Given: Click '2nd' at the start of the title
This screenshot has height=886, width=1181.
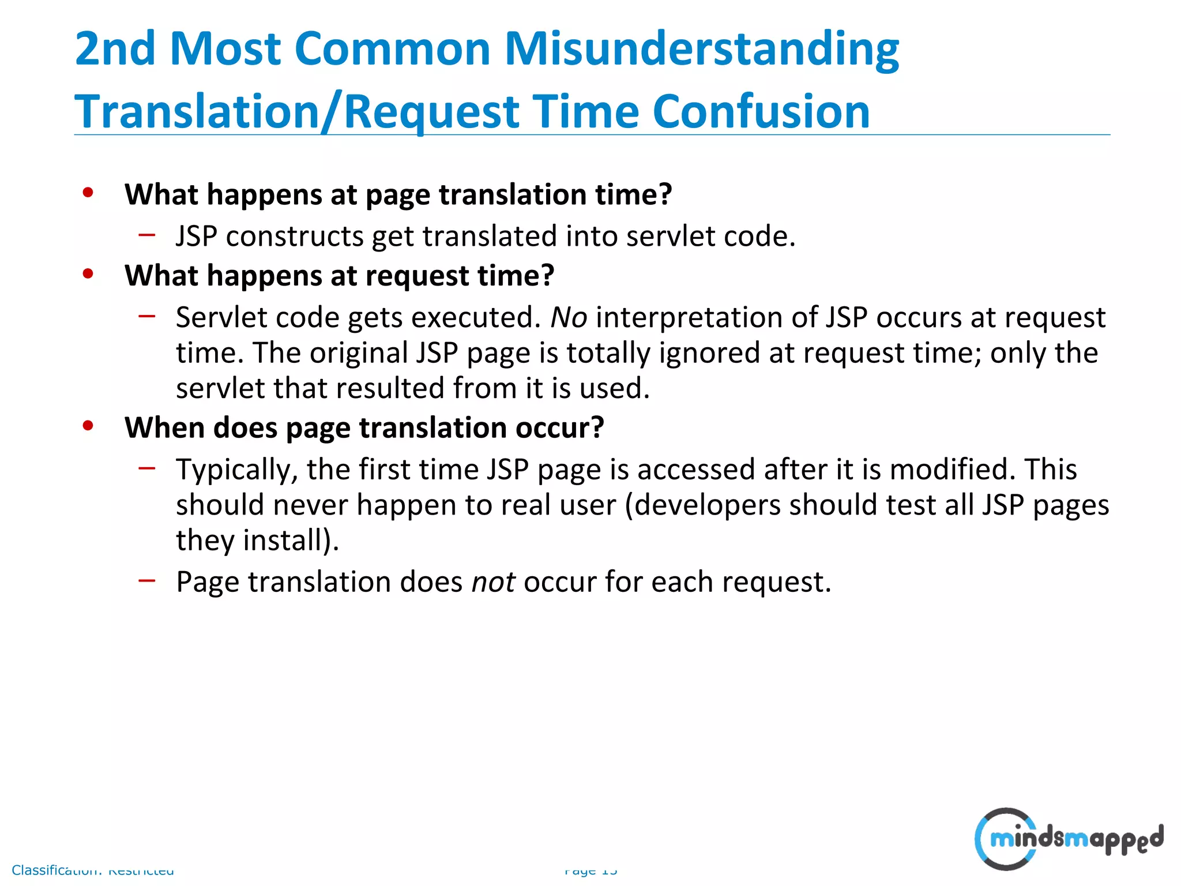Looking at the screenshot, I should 115,49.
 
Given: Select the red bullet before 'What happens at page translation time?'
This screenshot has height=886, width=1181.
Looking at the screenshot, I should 88,193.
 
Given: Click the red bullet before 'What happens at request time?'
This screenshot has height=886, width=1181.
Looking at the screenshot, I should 88,273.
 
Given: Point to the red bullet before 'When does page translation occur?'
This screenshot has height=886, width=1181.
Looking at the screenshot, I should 88,426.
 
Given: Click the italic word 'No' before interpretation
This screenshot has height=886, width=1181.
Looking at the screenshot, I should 569,318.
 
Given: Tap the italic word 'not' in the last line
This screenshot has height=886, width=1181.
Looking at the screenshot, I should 493,582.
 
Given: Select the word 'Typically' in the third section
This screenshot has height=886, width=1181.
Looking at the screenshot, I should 236,470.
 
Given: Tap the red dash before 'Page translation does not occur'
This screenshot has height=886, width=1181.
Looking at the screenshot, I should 147,580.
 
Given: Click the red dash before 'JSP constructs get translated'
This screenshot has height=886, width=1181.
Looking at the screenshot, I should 147,235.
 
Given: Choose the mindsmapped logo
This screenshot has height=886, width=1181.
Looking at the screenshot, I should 1068,839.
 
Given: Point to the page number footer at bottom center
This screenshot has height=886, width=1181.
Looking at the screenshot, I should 590,870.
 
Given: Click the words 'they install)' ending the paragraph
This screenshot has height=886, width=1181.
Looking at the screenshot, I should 257,541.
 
